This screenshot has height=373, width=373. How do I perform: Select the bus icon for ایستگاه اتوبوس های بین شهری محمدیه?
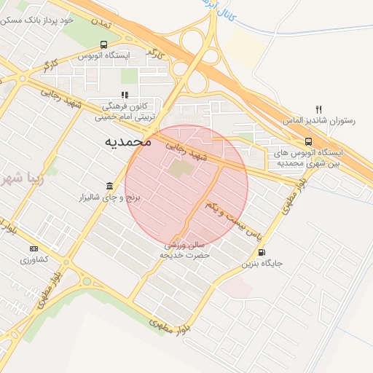click(x=308, y=141)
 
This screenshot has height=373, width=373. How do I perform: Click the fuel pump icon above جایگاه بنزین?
click(x=262, y=252)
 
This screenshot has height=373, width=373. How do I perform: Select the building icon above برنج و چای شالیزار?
click(x=109, y=186)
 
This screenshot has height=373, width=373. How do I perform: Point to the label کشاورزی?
click(x=34, y=260)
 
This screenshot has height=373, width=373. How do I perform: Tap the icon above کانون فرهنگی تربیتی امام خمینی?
click(x=125, y=94)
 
